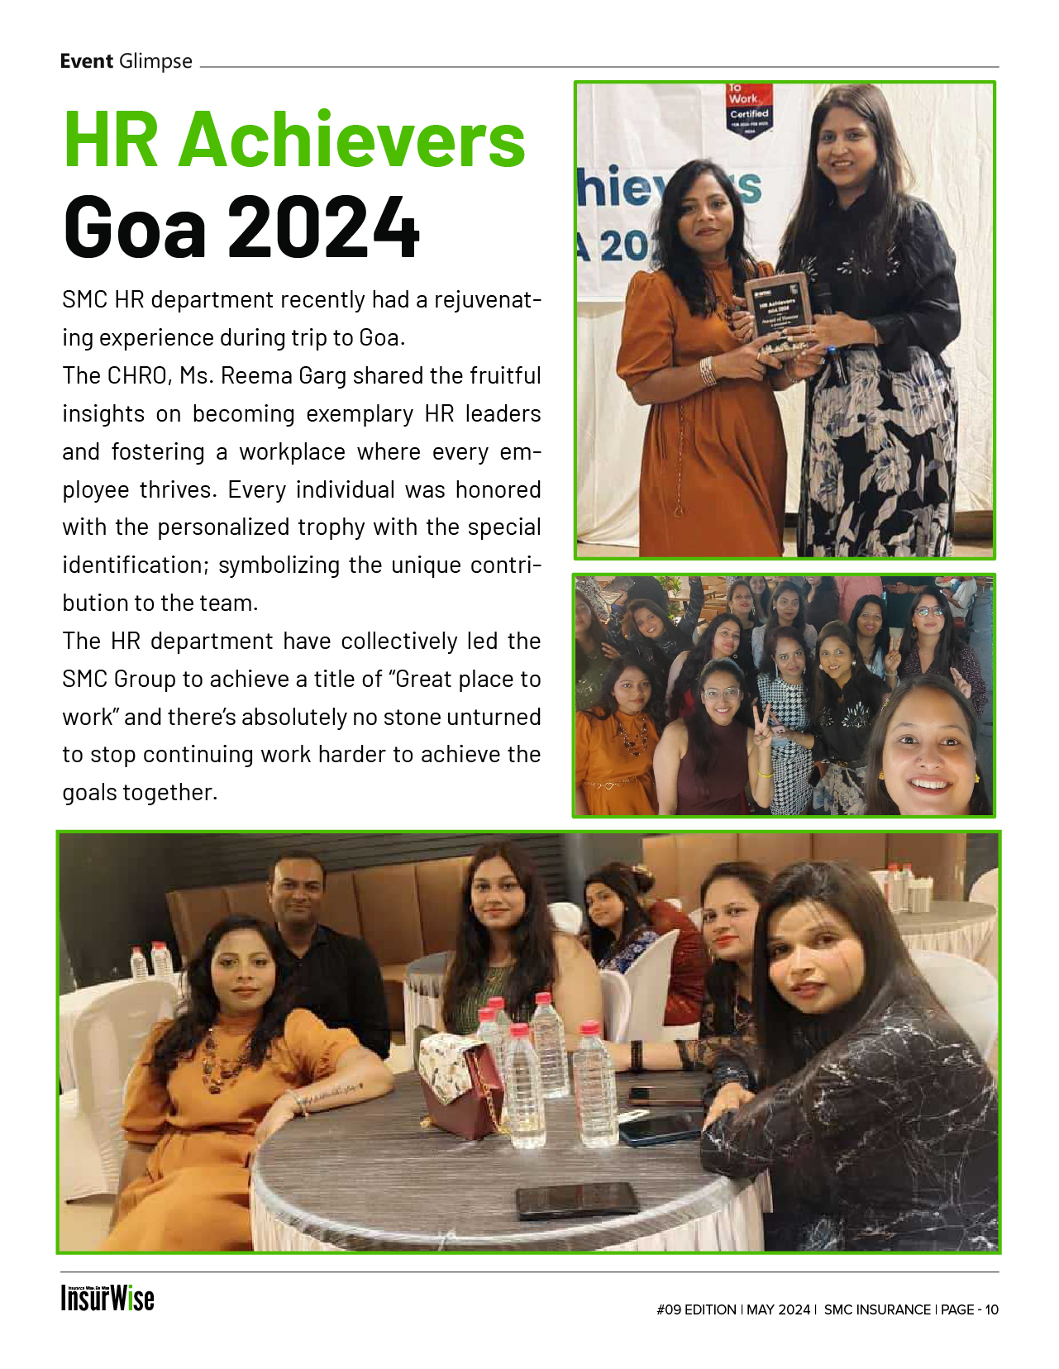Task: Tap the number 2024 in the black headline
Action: pos(323,227)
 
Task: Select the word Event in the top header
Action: pos(86,61)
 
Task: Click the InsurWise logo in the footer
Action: pos(107,1298)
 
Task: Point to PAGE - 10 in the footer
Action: pos(969,1309)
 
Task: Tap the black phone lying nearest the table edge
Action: pos(577,1200)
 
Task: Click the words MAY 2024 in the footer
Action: pos(778,1309)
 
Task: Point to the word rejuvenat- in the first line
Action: pos(488,299)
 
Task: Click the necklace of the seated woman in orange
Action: pos(222,1058)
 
